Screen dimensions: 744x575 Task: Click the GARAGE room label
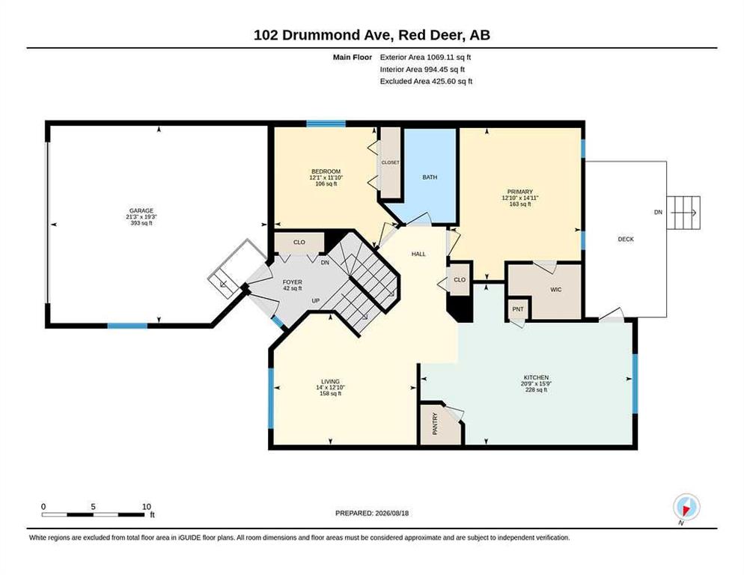pyautogui.click(x=141, y=211)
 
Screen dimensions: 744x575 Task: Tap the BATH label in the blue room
pyautogui.click(x=430, y=177)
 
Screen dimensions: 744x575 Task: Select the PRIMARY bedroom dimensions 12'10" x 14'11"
pyautogui.click(x=520, y=198)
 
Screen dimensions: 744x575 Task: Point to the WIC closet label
pyautogui.click(x=555, y=290)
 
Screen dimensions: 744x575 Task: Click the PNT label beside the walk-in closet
pyautogui.click(x=518, y=309)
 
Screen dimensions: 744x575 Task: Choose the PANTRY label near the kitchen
pyautogui.click(x=435, y=424)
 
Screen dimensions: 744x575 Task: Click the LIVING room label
pyautogui.click(x=330, y=381)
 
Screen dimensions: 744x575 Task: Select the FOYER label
pyautogui.click(x=292, y=282)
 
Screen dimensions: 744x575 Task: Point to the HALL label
pyautogui.click(x=418, y=254)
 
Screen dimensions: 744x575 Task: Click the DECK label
pyautogui.click(x=626, y=240)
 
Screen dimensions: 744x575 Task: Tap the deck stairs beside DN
pyautogui.click(x=683, y=212)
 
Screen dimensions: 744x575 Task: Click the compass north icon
pyautogui.click(x=686, y=508)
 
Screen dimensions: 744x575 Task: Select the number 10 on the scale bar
pyautogui.click(x=147, y=507)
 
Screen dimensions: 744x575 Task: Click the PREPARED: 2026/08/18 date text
pyautogui.click(x=372, y=514)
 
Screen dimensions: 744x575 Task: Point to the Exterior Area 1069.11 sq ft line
pyautogui.click(x=425, y=58)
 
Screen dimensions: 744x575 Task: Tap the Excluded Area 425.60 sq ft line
pyautogui.click(x=426, y=81)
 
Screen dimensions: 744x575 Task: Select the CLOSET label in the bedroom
pyautogui.click(x=391, y=162)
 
